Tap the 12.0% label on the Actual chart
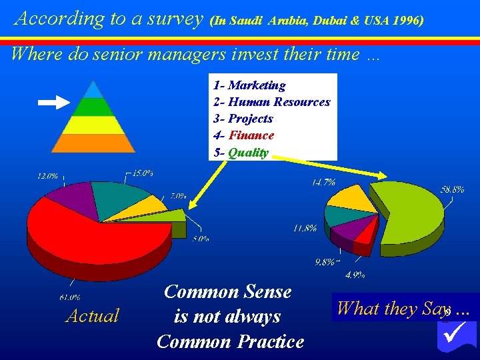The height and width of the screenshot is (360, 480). coord(47,177)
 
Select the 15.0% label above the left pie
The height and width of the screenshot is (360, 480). coord(142,173)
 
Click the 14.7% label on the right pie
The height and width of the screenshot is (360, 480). coord(323,181)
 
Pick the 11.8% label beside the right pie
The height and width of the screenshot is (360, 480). coord(305,229)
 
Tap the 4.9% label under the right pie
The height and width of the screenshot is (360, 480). coord(353,274)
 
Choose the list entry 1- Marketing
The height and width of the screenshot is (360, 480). coord(249,85)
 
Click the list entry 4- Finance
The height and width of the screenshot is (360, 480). coord(244,135)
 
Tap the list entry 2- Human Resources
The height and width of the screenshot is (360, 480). coord(271,102)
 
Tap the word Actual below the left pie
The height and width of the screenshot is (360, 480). coord(92,315)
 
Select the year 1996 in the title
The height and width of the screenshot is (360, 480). coord(407,21)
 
